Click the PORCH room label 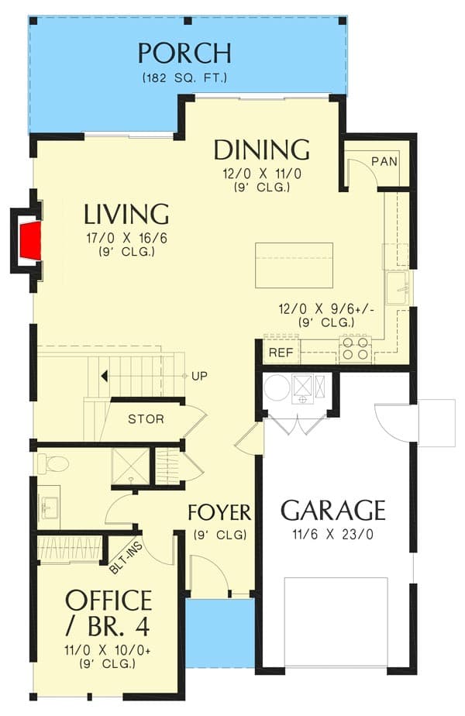click(x=184, y=53)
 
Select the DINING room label click(x=261, y=149)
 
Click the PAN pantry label click(x=384, y=161)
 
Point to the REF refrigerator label click(x=279, y=353)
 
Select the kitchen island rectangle click(x=294, y=265)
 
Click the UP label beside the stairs click(x=199, y=376)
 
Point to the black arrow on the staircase click(x=102, y=376)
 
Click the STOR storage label click(x=146, y=419)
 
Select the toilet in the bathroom click(x=54, y=463)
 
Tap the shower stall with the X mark click(x=129, y=466)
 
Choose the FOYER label click(x=219, y=513)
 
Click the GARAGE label click(x=332, y=511)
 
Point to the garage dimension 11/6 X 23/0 click(x=332, y=534)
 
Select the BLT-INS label click(x=125, y=556)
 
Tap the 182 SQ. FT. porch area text click(x=184, y=78)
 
